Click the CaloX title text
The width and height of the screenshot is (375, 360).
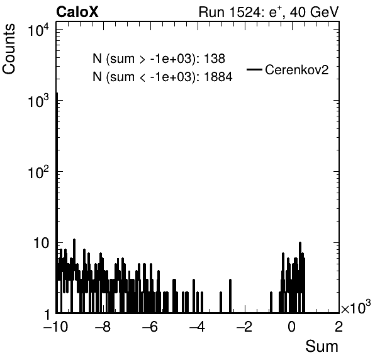coord(77,12)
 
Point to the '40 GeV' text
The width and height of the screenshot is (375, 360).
coord(314,12)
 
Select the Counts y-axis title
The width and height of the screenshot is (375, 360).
coord(9,49)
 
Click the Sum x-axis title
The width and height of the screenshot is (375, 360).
coord(322,346)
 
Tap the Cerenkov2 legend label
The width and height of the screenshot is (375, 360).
coord(297,70)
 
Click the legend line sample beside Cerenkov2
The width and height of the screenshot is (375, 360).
coord(254,70)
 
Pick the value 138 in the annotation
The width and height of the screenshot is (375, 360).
coord(215,59)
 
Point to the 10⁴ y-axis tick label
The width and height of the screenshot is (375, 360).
coord(38,30)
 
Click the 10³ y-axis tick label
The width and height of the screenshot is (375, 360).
coord(38,101)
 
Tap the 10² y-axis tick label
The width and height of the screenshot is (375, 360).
coord(38,172)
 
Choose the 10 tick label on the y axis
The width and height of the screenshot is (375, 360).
coord(41,244)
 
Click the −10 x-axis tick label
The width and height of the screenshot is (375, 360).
coord(55,327)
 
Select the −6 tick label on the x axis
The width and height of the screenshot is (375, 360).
coord(150,327)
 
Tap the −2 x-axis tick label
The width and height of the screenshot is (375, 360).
coord(244,327)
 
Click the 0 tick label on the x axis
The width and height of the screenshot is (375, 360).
coord(291,327)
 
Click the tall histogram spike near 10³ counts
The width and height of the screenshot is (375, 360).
coord(57,203)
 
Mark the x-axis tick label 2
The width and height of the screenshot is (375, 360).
coord(339,327)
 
